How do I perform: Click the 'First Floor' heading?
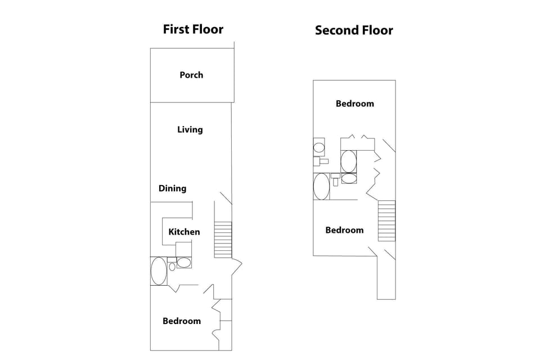(193, 29)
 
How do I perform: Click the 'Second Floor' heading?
(354, 30)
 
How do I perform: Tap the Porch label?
(191, 75)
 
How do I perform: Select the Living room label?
(190, 129)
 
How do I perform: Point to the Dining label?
(172, 188)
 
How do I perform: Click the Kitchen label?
(184, 232)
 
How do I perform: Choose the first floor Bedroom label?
(182, 321)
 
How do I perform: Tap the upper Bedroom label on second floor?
(355, 103)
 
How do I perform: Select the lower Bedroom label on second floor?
(344, 230)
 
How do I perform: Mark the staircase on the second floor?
(386, 220)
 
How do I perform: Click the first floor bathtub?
(159, 271)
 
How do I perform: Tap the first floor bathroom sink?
(184, 262)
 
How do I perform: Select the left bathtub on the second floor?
(322, 186)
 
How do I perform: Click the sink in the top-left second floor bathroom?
(319, 148)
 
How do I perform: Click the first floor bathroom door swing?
(175, 288)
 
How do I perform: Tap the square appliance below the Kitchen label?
(184, 249)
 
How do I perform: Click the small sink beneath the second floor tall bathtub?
(349, 178)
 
